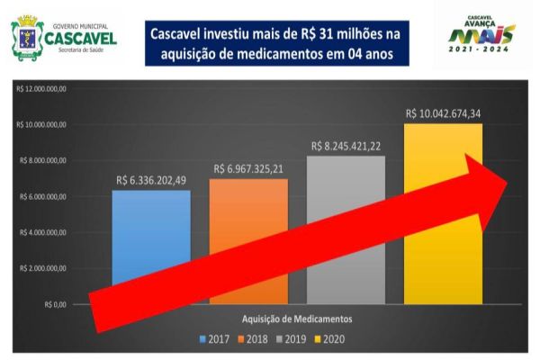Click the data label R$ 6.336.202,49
[x=152, y=180]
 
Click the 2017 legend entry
[x=216, y=339]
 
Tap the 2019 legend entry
[x=292, y=339]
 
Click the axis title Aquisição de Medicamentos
[x=296, y=319]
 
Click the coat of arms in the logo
[x=23, y=39]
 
